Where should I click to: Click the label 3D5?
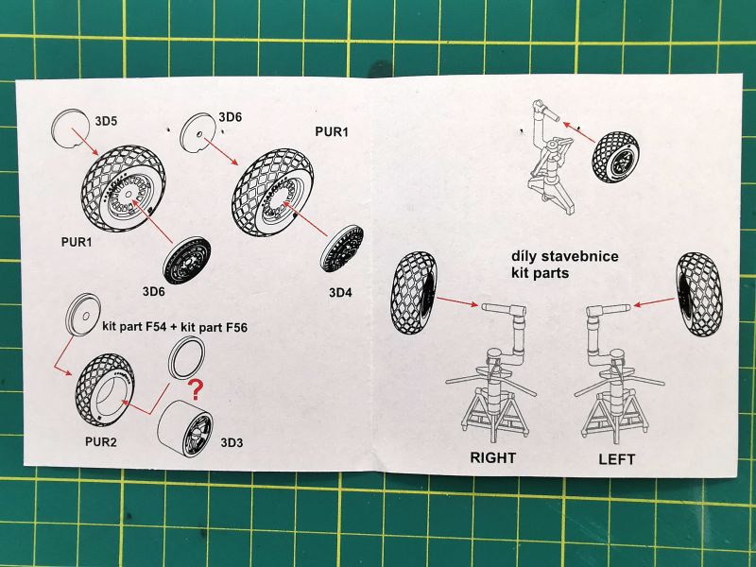tap(106, 120)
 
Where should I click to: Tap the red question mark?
tap(197, 388)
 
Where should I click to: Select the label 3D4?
tap(340, 292)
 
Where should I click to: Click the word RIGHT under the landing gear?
tap(493, 458)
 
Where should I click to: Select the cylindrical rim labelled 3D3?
tap(185, 430)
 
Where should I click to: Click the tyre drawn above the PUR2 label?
tap(100, 389)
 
